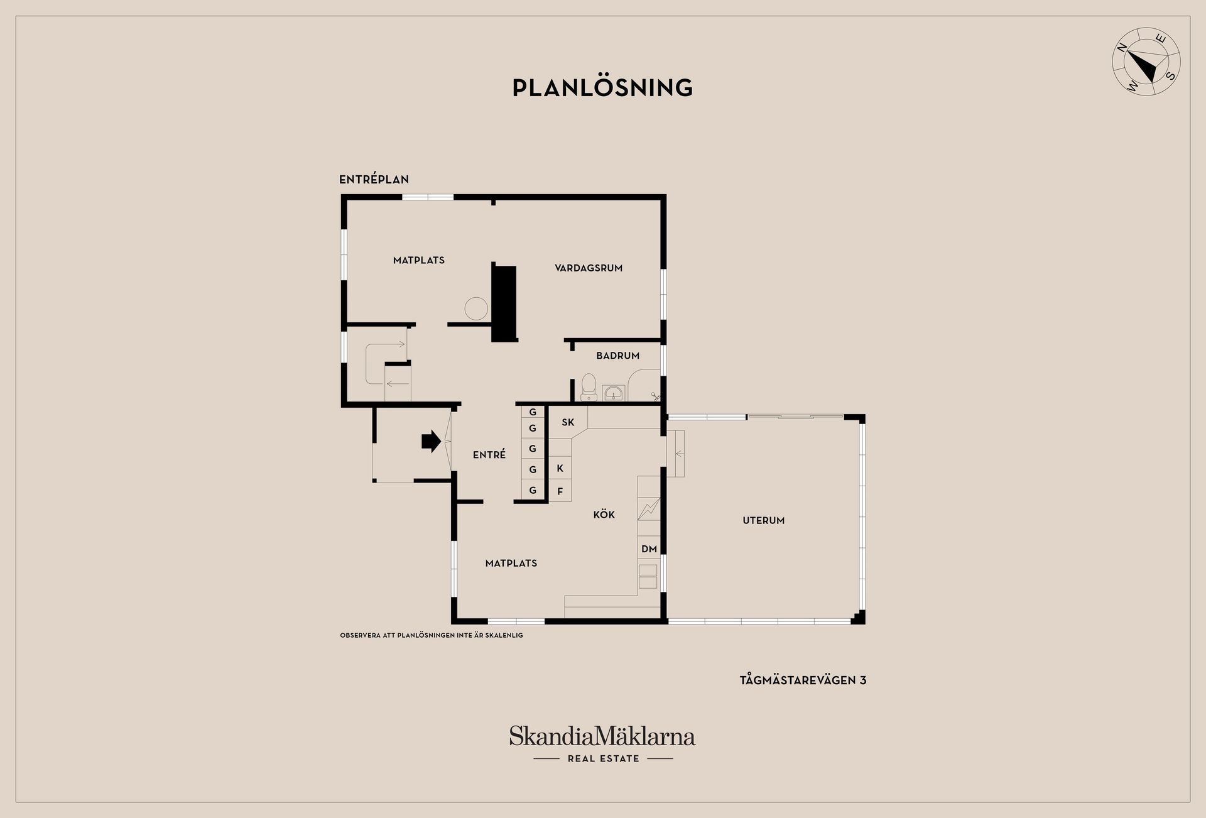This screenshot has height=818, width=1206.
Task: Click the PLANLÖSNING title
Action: coord(602,88)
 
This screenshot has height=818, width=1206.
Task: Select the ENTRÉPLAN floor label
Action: coord(374,180)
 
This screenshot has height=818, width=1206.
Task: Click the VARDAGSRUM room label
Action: coord(589,268)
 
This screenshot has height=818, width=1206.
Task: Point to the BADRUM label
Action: coord(618,356)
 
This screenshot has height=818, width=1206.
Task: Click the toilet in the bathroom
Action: coord(589,387)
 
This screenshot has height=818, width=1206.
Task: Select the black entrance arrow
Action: coord(431,441)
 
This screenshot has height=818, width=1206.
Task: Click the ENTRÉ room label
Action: coord(489,455)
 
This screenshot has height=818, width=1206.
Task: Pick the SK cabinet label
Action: coord(568,422)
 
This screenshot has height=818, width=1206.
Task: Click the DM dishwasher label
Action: coord(649,549)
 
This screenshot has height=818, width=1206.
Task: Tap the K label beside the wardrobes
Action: coord(560,469)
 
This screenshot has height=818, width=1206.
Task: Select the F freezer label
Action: coord(560,492)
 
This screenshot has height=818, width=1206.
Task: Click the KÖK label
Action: coord(604,515)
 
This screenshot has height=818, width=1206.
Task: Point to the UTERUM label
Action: coord(764,520)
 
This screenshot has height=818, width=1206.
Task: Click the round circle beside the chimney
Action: coord(476,308)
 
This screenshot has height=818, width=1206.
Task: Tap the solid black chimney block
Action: coord(504,303)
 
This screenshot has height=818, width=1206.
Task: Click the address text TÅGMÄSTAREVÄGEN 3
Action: coord(803,680)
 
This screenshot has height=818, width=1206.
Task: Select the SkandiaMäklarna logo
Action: coord(602,744)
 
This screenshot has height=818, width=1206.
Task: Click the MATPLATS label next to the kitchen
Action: coord(511,564)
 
